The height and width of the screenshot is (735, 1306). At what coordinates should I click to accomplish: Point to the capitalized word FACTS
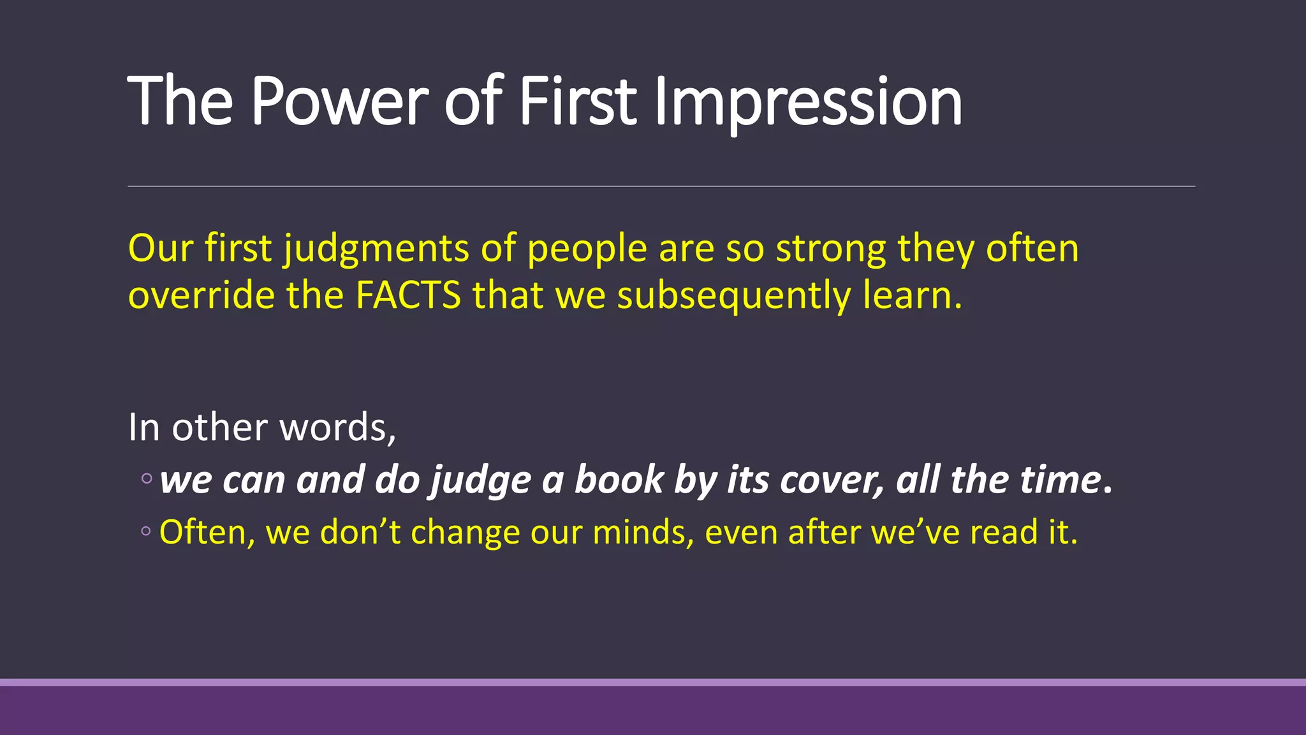(x=408, y=295)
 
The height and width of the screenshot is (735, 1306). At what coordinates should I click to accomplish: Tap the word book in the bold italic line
(x=619, y=480)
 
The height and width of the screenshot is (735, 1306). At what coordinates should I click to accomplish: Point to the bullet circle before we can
(x=147, y=479)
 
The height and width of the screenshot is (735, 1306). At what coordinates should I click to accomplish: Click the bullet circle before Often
(x=146, y=531)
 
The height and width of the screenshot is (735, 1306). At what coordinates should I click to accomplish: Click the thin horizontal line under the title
(x=661, y=186)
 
